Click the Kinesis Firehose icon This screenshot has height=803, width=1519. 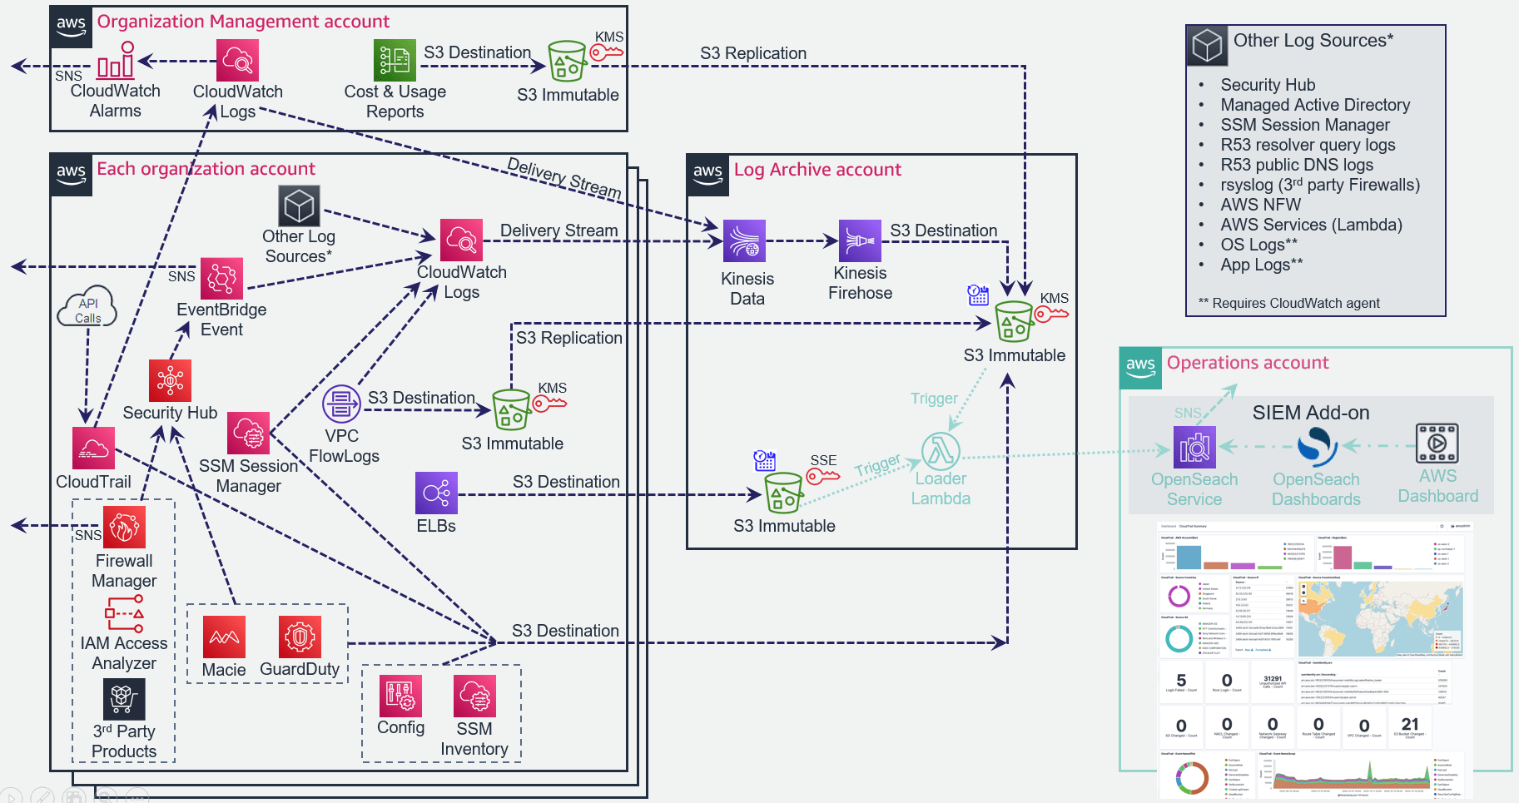click(x=860, y=241)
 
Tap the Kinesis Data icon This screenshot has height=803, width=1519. click(x=744, y=241)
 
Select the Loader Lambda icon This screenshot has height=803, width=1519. click(x=941, y=451)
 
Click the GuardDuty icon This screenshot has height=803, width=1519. click(x=300, y=637)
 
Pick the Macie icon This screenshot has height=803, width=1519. click(x=224, y=637)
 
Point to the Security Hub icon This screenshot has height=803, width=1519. click(x=170, y=380)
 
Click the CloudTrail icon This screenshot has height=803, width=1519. click(x=93, y=449)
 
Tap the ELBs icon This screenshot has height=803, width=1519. click(x=436, y=493)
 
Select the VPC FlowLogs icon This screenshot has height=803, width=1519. click(x=341, y=404)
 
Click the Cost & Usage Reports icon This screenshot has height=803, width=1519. click(x=395, y=60)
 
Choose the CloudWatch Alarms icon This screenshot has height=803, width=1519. click(x=116, y=61)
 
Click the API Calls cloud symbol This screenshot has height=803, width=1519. click(x=87, y=309)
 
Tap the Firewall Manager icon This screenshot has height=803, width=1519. click(x=124, y=527)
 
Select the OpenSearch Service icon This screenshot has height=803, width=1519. click(x=1194, y=447)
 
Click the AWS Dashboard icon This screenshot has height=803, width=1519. click(x=1437, y=443)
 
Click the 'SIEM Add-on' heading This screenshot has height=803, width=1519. click(x=1310, y=413)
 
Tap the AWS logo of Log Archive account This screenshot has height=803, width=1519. click(x=707, y=175)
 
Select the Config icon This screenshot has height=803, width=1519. click(x=400, y=696)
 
